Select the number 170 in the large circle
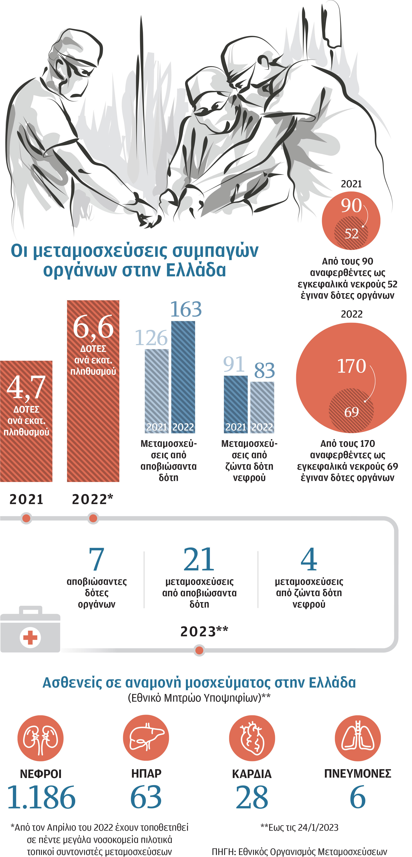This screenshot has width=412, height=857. click(x=351, y=366)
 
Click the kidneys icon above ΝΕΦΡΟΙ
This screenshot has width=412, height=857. click(x=40, y=738)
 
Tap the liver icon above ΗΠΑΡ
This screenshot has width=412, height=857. click(x=146, y=738)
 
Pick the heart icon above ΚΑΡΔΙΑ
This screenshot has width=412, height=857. click(x=252, y=738)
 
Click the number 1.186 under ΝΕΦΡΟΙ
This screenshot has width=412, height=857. click(x=41, y=798)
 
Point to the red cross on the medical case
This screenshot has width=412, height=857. click(x=30, y=638)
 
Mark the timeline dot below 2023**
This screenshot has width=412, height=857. click(x=199, y=650)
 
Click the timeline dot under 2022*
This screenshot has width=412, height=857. click(x=93, y=518)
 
